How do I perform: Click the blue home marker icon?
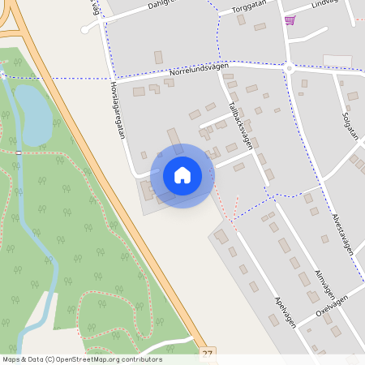182,175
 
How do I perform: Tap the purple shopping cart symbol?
290,20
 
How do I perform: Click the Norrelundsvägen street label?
200,71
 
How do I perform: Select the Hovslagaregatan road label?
119,109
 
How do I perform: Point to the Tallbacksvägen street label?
241,126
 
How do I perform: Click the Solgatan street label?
350,121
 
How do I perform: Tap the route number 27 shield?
208,354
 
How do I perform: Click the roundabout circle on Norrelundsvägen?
288,68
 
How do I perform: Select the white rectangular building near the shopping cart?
337,61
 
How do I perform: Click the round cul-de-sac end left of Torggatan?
84,29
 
